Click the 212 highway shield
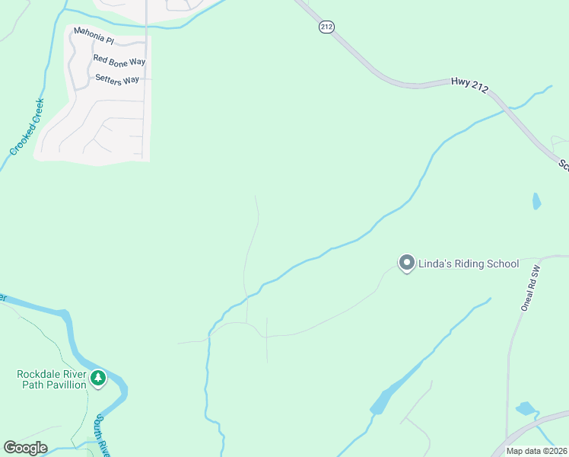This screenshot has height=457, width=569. click(x=326, y=27)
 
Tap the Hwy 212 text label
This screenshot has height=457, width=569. click(x=469, y=85)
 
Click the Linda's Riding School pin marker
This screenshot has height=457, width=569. click(x=406, y=263)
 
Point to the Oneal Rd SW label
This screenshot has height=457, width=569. click(x=529, y=289)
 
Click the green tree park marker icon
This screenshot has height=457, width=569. click(x=97, y=378)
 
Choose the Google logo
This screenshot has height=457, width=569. click(x=25, y=448)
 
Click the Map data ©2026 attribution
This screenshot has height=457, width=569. click(x=536, y=451)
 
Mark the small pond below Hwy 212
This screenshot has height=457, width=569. click(x=536, y=201)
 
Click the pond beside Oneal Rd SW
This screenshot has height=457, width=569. click(x=526, y=408)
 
